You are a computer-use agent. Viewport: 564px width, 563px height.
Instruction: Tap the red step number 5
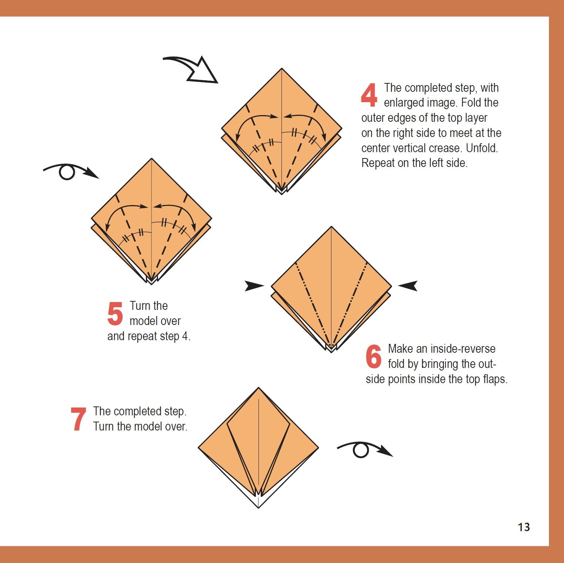pos(115,314)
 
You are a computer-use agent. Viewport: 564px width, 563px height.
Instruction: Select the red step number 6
pos(374,356)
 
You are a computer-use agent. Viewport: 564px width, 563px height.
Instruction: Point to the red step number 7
pos(78,419)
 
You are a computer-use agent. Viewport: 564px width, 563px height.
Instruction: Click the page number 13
pos(524,527)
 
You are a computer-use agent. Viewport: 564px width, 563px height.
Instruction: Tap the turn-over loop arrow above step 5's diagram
pos(71,172)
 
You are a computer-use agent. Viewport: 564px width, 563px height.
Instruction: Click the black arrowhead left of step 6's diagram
pos(254,286)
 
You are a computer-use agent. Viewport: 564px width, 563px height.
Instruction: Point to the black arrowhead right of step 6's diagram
pos(408,286)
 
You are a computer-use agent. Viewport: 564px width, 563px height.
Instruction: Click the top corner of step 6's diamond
pos(331,227)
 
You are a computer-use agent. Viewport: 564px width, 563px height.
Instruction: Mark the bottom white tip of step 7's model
pos(258,507)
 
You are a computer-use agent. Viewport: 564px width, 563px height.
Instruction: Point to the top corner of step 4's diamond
pos(282,68)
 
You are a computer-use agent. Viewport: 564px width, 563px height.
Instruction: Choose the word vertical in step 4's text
pos(407,148)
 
